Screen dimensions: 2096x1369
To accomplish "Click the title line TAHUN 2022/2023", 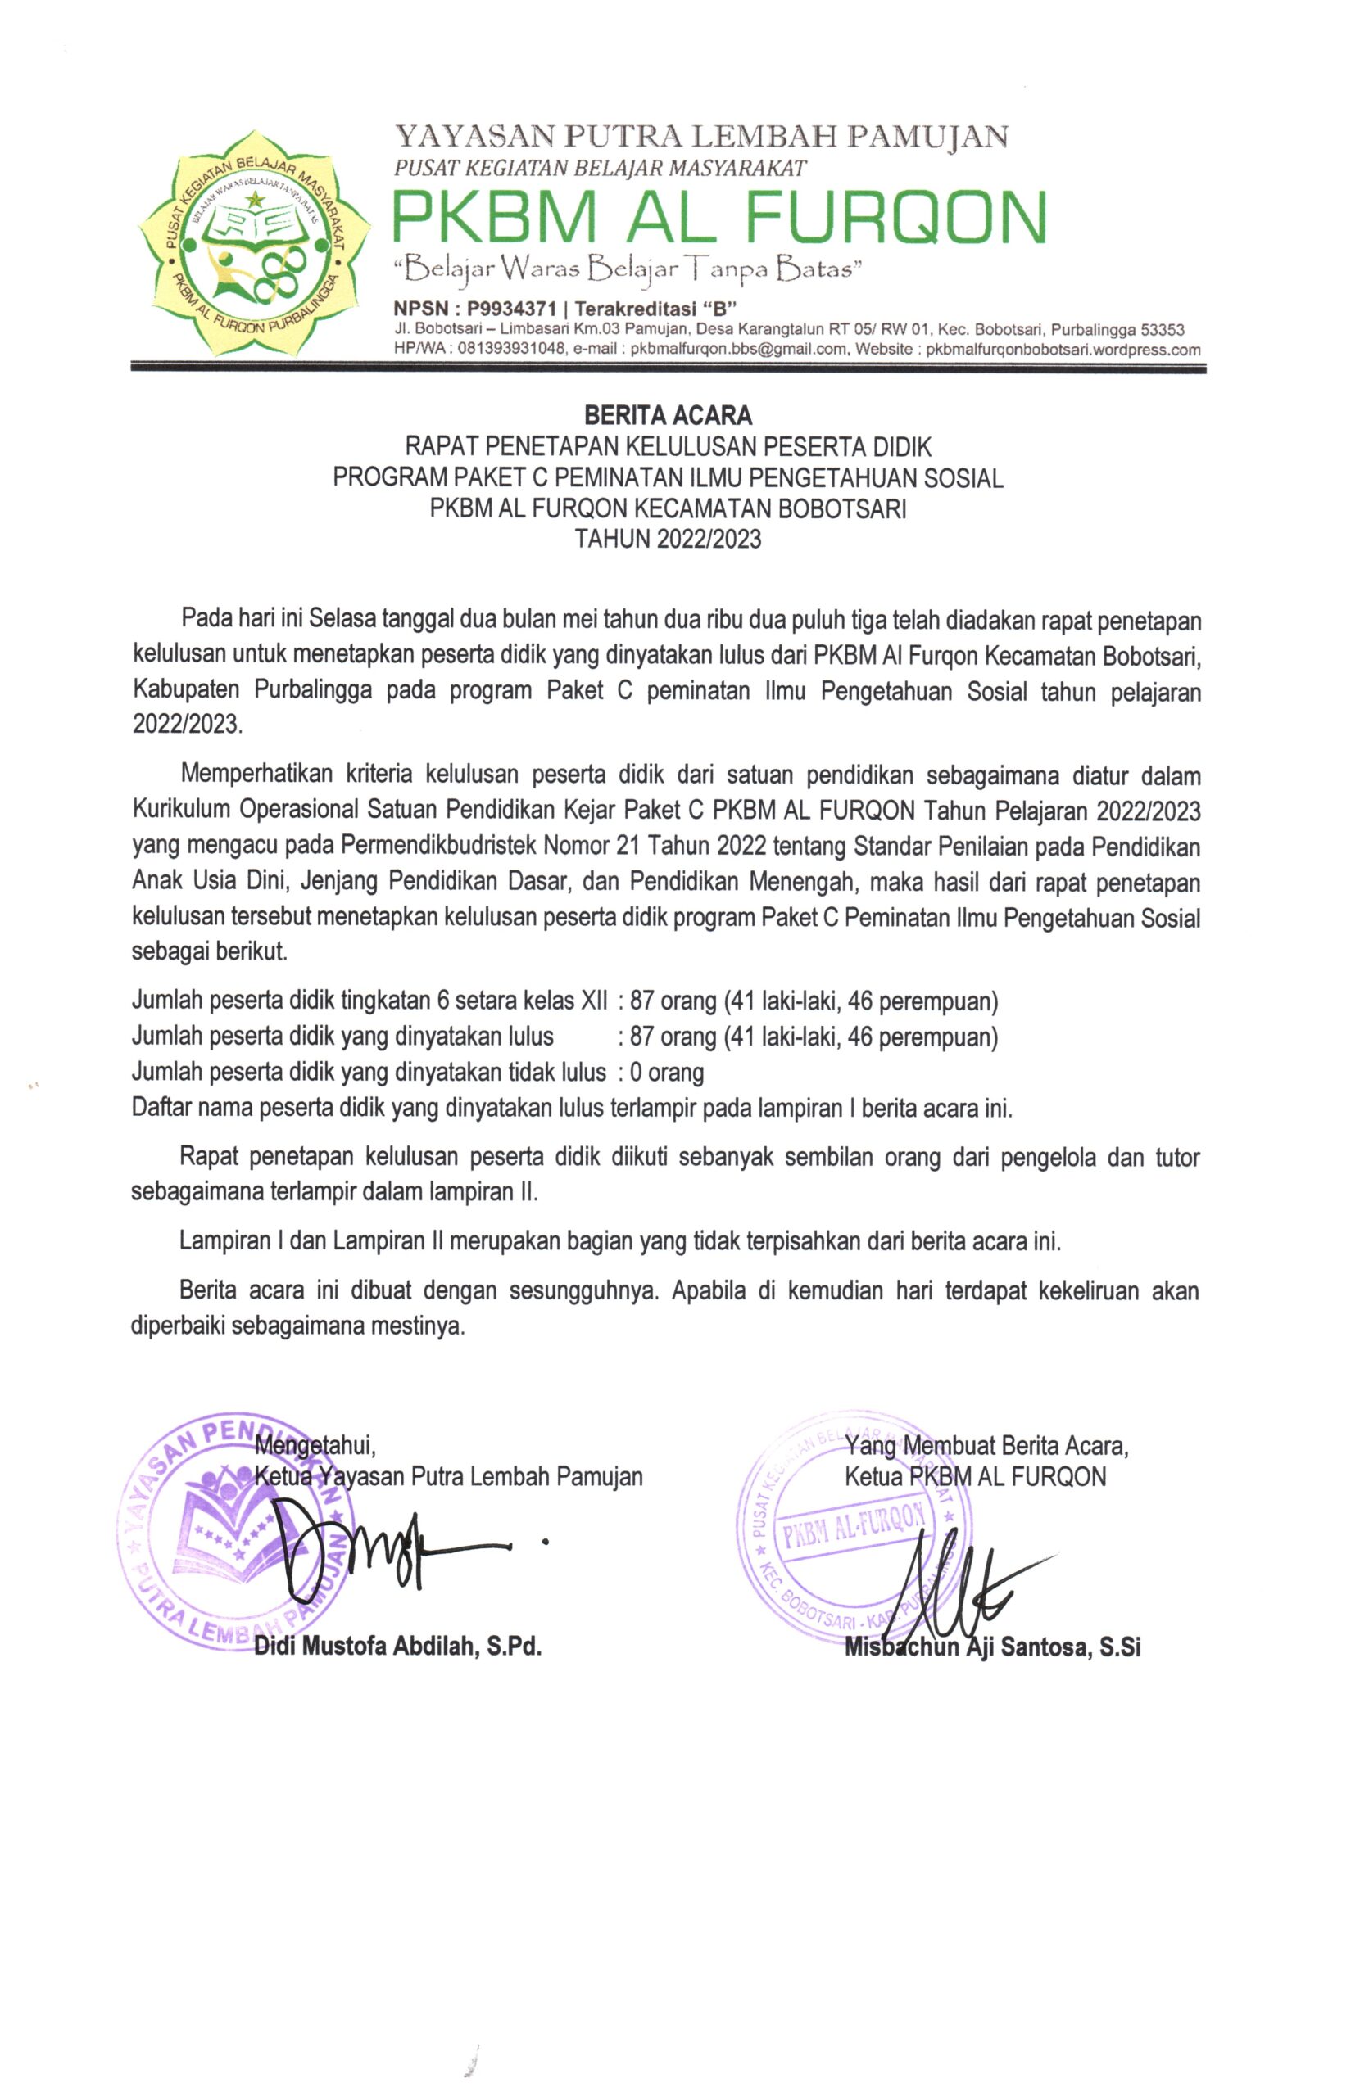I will coord(667,539).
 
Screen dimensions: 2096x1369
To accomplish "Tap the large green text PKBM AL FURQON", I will coord(718,216).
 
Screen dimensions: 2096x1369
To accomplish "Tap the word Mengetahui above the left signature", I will coord(315,1444).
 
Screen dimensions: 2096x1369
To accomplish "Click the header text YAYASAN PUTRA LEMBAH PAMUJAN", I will coord(701,137).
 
